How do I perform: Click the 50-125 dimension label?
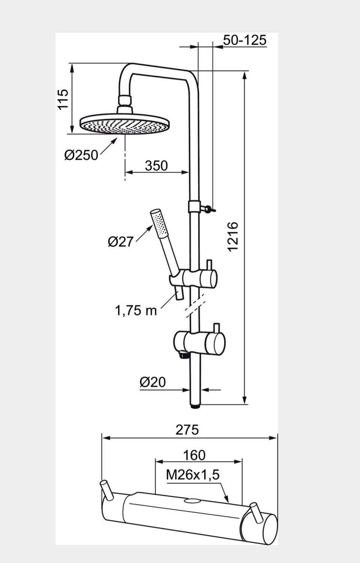tap(245, 40)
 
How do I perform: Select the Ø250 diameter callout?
tap(81, 155)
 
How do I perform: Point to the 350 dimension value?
tap(156, 166)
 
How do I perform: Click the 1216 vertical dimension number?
tap(232, 236)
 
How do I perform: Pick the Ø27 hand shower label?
tap(120, 242)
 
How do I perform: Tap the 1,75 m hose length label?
tap(136, 311)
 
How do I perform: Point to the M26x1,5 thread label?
tap(193, 474)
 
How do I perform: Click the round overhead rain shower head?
tap(125, 124)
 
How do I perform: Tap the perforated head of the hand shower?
tap(159, 223)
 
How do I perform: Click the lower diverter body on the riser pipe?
tap(199, 343)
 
